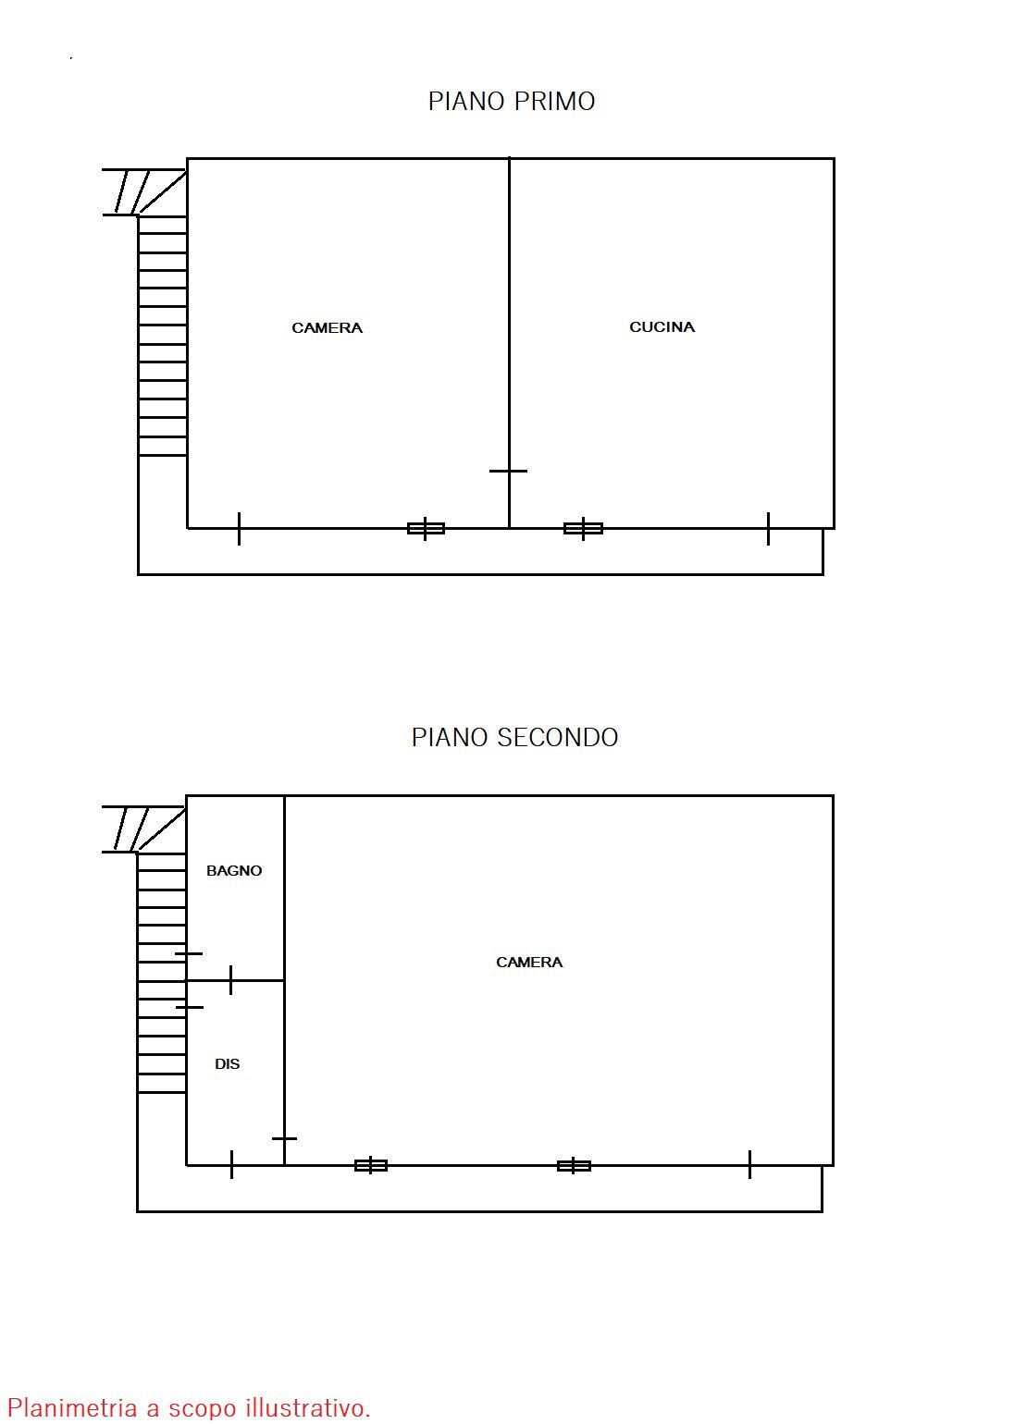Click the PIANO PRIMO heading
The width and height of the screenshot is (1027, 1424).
coord(511,101)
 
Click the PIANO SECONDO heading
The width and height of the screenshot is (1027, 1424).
coord(514,737)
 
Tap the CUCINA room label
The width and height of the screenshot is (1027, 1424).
coord(662,326)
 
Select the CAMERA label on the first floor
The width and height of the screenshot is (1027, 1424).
coord(327,327)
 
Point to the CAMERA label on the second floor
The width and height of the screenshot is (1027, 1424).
coord(529,962)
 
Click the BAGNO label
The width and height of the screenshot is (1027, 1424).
coord(234,870)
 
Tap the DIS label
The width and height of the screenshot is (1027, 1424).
coord(227,1063)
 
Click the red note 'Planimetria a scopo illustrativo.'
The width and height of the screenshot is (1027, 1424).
coord(189,1407)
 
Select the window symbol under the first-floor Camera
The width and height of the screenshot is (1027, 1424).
coord(426,528)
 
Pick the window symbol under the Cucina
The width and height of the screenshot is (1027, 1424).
coord(583,528)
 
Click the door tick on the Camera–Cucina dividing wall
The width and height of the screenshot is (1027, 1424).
coord(508,471)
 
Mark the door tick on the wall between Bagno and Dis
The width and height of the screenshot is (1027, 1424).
coord(230,979)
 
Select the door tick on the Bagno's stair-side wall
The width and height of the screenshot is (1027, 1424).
coord(188,953)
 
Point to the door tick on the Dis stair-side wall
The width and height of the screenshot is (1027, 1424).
coord(189,1007)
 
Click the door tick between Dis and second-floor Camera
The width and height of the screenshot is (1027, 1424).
coord(284,1138)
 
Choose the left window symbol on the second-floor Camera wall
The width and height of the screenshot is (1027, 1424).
coord(371,1165)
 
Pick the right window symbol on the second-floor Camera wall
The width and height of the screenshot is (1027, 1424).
coord(574,1165)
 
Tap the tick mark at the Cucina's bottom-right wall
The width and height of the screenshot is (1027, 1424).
coord(768,528)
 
